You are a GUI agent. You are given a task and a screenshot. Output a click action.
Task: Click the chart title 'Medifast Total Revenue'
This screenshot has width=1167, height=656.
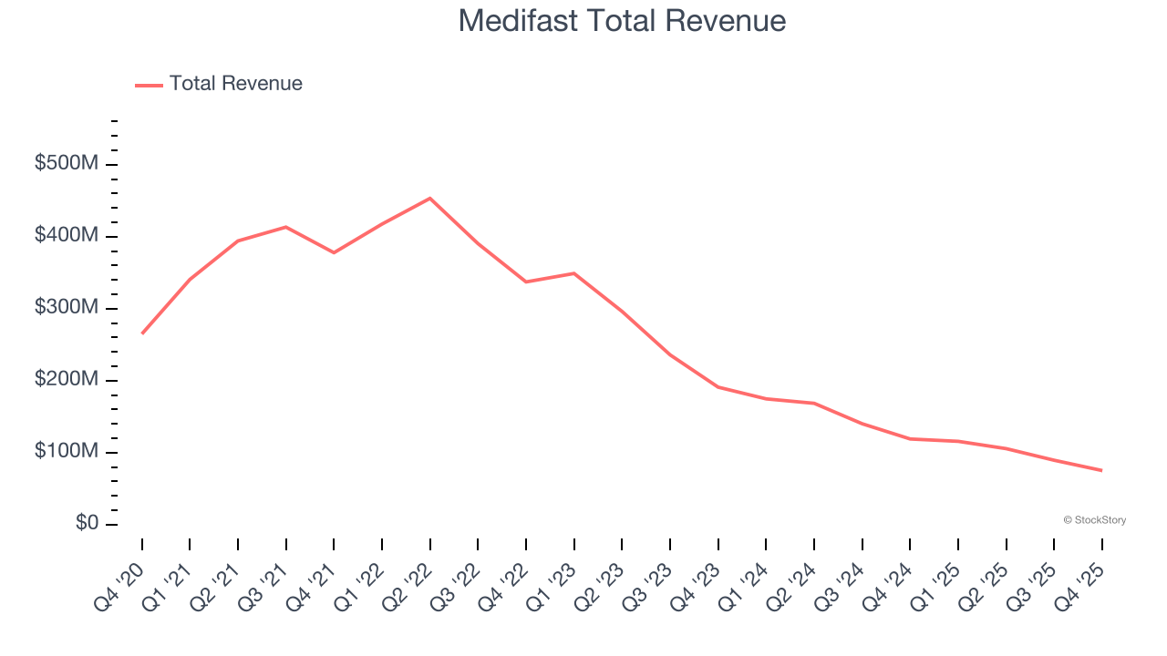tap(622, 20)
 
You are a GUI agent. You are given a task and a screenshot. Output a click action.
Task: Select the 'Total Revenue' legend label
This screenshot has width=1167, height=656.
tap(235, 84)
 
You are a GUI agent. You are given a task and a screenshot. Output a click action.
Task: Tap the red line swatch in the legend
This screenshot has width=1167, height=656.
tap(149, 85)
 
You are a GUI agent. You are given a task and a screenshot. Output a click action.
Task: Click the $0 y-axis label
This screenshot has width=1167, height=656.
tap(88, 524)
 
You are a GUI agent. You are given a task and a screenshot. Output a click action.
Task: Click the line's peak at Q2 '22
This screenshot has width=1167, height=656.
tap(430, 198)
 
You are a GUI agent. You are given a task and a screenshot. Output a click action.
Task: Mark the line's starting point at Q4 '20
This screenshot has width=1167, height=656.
tap(142, 333)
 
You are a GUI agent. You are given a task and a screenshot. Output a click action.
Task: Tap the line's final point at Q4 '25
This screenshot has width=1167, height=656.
tap(1101, 470)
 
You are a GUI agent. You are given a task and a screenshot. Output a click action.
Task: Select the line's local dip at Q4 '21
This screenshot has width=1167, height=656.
tap(334, 252)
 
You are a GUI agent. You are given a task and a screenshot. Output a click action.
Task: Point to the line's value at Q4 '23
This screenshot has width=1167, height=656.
tap(718, 387)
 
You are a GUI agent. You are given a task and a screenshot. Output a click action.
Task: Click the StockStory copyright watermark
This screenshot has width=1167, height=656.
tap(1094, 520)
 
